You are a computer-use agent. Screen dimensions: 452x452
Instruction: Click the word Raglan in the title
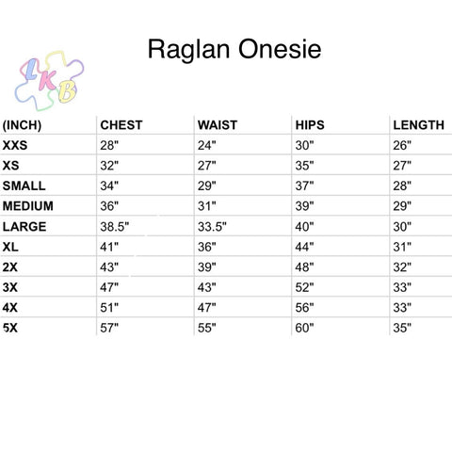(x=188, y=50)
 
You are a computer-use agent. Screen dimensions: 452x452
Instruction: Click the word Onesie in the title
(x=280, y=49)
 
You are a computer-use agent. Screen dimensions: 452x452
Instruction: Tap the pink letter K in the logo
(x=47, y=80)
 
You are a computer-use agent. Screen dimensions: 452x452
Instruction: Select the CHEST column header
(x=121, y=125)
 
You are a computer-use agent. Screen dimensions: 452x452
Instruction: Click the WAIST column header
(x=218, y=125)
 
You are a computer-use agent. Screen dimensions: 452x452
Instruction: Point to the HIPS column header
(x=310, y=125)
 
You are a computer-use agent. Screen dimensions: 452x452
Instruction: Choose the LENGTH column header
(x=419, y=125)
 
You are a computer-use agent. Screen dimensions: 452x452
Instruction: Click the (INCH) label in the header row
(x=22, y=125)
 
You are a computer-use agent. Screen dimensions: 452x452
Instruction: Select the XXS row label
(x=15, y=145)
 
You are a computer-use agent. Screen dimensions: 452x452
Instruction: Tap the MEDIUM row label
(x=28, y=206)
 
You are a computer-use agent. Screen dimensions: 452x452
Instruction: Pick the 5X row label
(x=10, y=328)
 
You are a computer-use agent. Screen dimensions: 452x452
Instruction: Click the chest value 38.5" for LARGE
(x=115, y=227)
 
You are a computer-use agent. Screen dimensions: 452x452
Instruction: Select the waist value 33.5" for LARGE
(x=212, y=227)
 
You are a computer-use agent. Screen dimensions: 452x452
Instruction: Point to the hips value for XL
(x=304, y=247)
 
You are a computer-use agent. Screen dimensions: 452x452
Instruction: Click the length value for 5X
(x=402, y=328)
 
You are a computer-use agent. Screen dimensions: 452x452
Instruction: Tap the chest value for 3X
(x=109, y=287)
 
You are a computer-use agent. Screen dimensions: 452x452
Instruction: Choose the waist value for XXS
(x=207, y=145)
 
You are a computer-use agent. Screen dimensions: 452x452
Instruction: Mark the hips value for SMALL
(x=304, y=186)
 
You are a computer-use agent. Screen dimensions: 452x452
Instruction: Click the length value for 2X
(x=402, y=267)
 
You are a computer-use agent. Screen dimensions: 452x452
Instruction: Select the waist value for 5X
(x=207, y=328)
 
